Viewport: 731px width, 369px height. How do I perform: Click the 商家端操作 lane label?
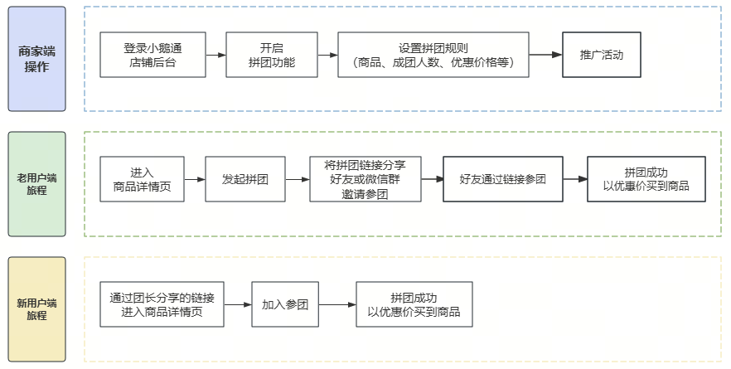pos(36,59)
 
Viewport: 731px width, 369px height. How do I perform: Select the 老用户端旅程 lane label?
pos(36,183)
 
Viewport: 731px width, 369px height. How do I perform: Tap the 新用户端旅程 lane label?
pos(36,308)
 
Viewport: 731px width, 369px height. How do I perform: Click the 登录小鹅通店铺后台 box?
pos(152,56)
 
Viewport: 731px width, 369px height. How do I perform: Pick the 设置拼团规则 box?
pos(433,56)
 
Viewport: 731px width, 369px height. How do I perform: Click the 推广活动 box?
pos(601,56)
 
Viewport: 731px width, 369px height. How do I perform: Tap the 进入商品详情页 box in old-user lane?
pos(142,179)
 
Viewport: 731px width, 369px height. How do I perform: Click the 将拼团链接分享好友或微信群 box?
pos(365,179)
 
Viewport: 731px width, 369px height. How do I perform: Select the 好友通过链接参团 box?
pos(503,179)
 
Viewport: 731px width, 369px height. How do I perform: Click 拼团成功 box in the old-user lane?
pos(646,179)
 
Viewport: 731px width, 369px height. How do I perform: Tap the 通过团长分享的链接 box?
pos(162,304)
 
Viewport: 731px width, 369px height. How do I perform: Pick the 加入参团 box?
pos(285,304)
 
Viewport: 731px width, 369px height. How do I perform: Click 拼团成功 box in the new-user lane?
pos(414,304)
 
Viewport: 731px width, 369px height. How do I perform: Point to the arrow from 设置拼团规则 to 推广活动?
pos(545,56)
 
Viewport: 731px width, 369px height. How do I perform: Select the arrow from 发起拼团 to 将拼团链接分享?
pos(296,179)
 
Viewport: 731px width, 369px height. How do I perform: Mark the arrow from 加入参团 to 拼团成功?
pos(337,304)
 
